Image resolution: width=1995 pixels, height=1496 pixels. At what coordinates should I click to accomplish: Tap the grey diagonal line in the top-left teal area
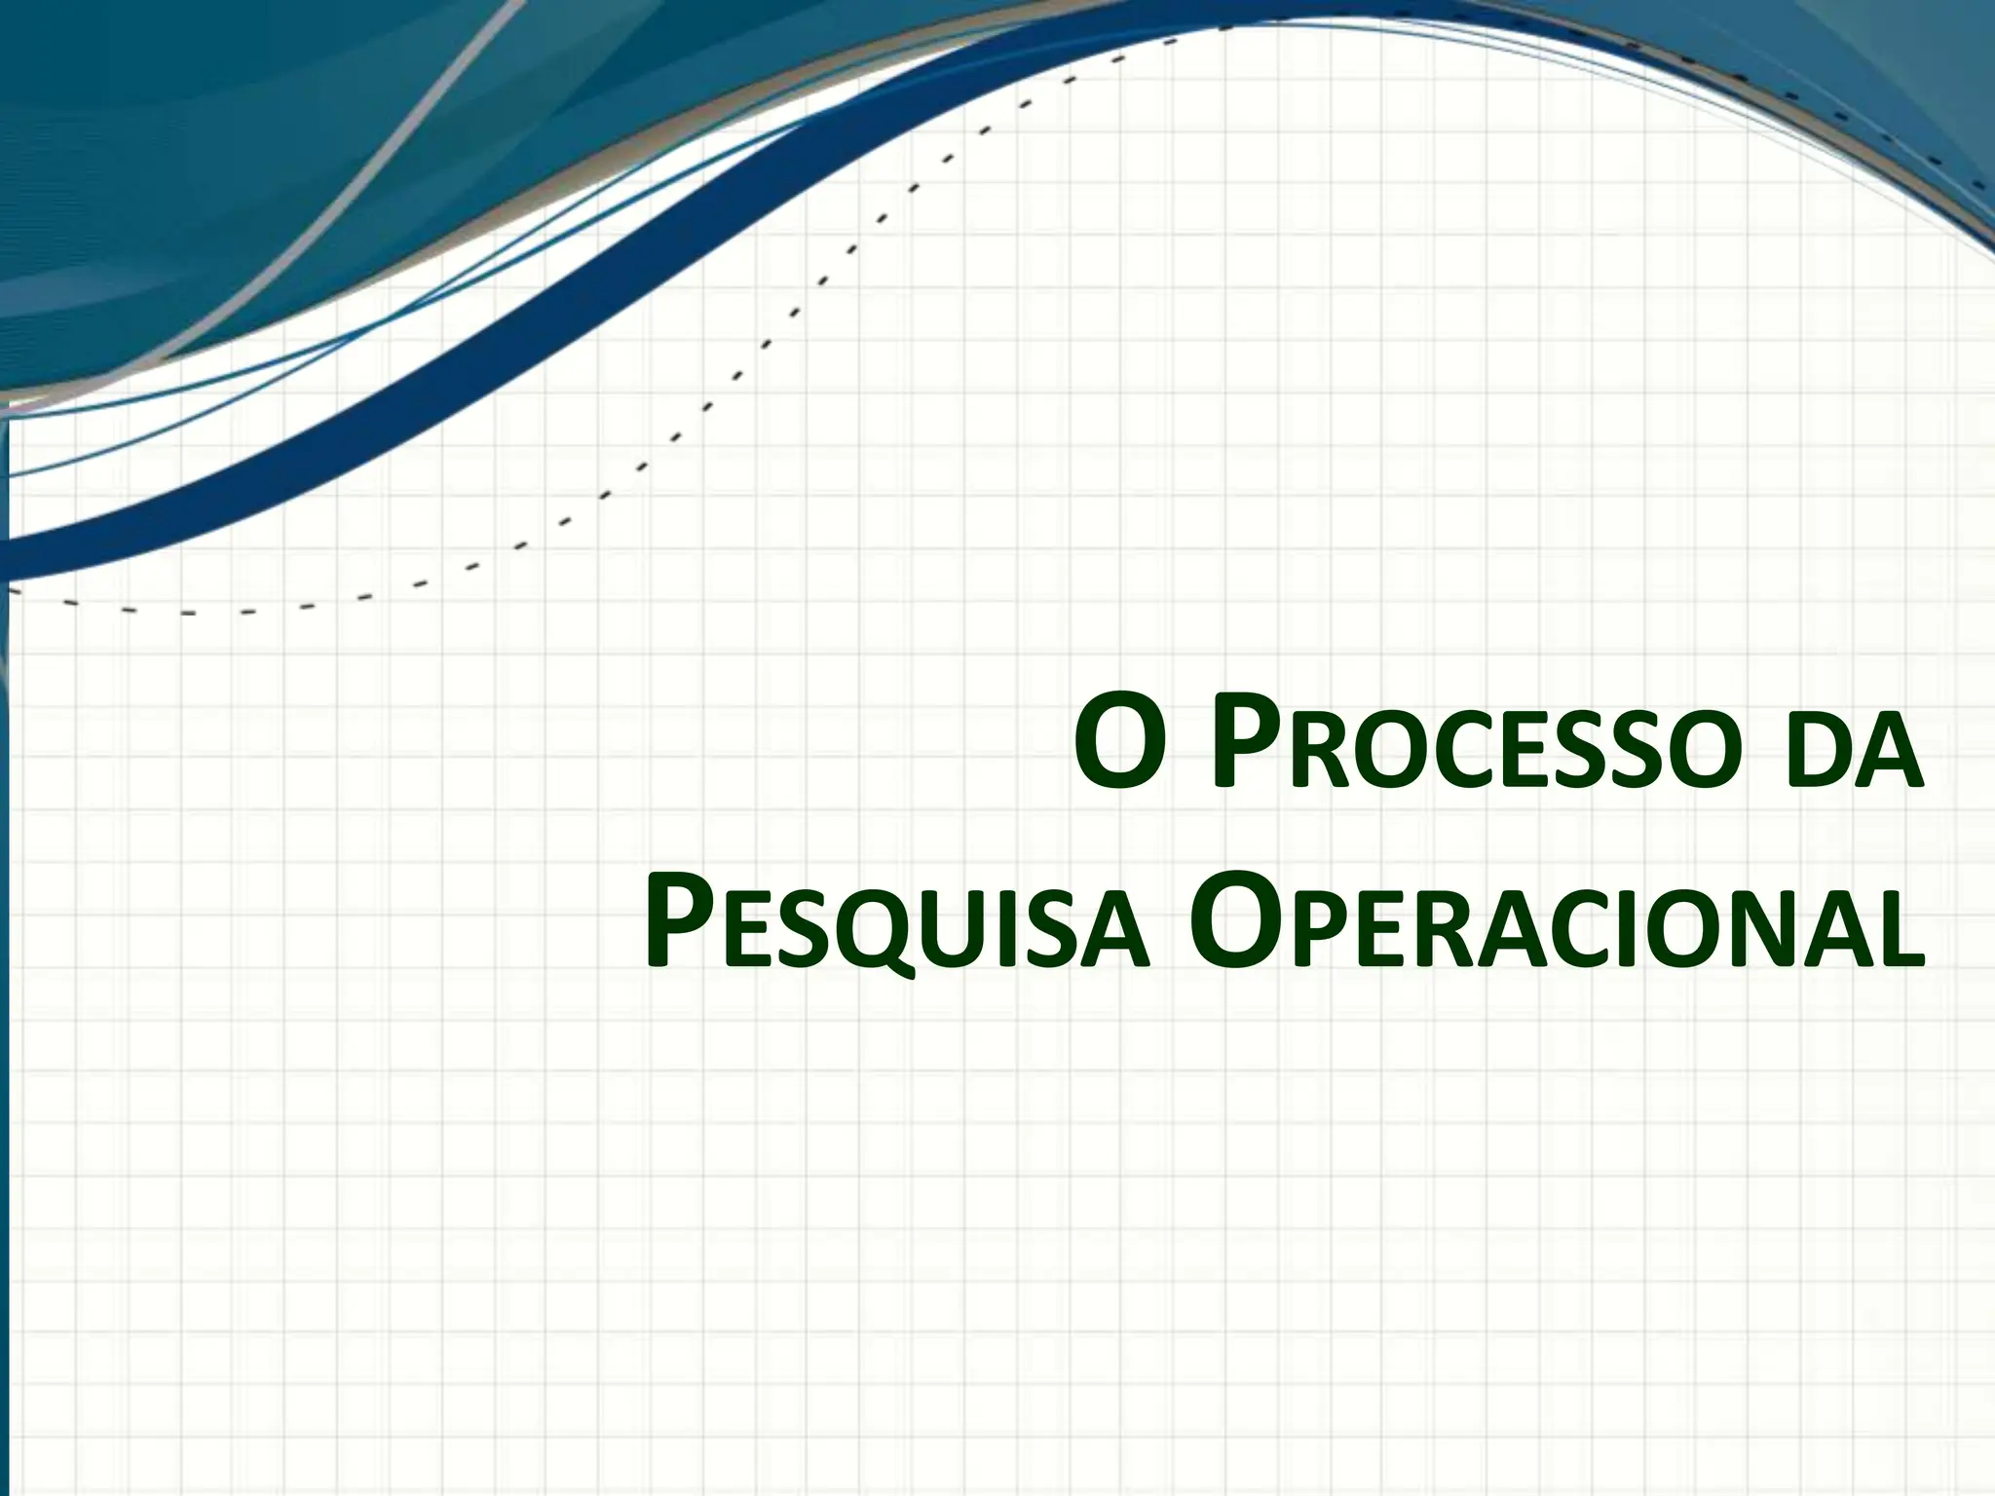coord(390,146)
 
